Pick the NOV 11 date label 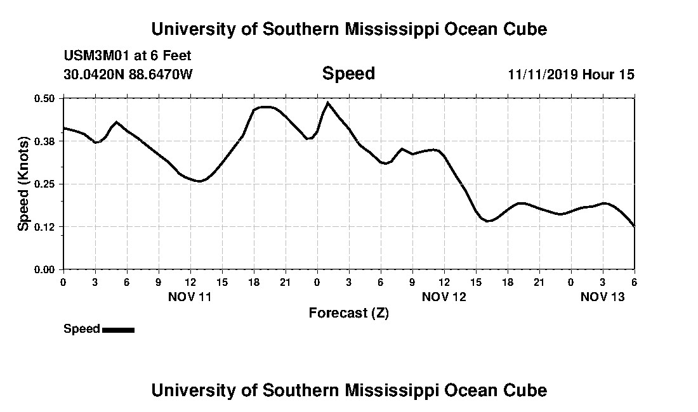(x=190, y=297)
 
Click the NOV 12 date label (x=444, y=297)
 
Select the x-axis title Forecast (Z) (x=348, y=312)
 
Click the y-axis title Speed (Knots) (x=23, y=184)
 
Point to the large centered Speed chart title (x=348, y=74)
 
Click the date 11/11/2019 (x=542, y=75)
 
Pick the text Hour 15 (x=609, y=75)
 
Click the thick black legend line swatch (x=118, y=330)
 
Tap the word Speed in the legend (x=82, y=329)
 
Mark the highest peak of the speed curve (x=327, y=102)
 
